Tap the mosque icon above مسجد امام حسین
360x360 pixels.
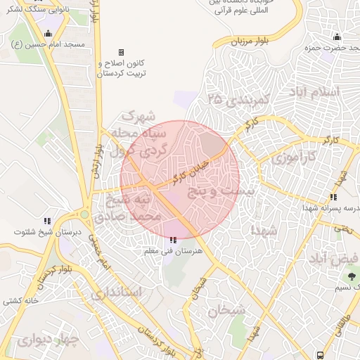pos(48,33)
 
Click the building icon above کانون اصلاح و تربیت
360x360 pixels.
pos(121,52)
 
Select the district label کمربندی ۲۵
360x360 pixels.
pos(239,99)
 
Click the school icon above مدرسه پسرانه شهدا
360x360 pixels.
pos(333,198)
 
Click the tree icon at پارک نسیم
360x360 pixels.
pos(352,273)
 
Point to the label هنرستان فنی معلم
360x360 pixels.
pos(173,251)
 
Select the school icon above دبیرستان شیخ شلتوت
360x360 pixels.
pos(47,220)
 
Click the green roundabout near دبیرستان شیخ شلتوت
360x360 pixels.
pos(84,214)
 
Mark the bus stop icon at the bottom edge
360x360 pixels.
pos(321,355)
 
